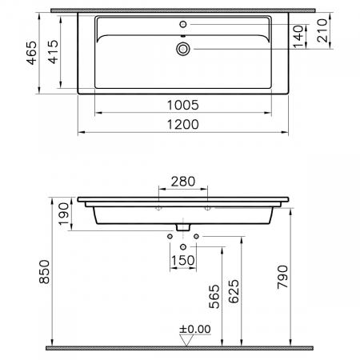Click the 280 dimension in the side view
tap(184, 182)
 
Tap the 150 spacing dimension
tap(184, 261)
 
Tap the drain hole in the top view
tap(184, 50)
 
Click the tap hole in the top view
tap(184, 25)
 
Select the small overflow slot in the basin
tap(184, 37)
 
